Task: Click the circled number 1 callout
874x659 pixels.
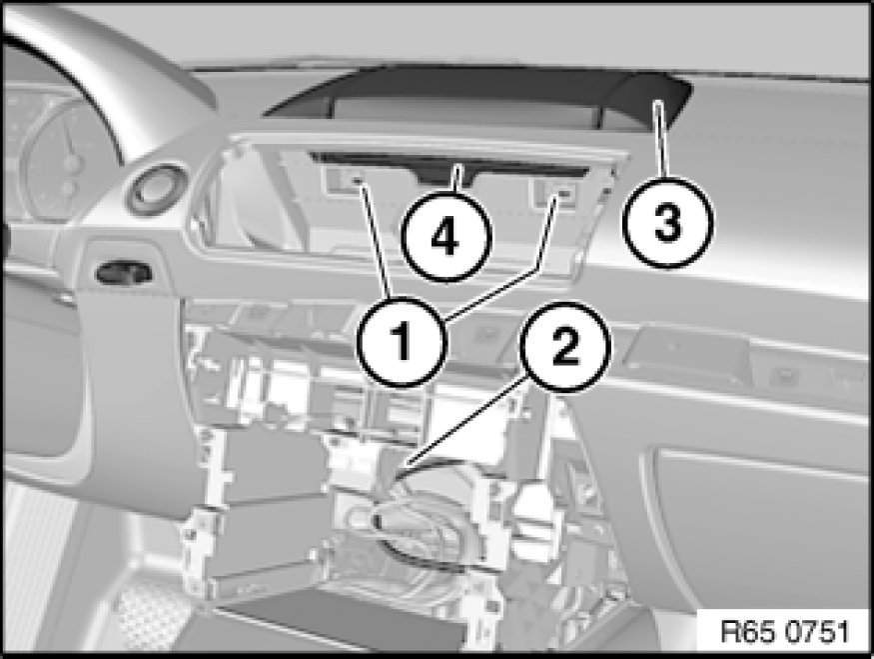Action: (403, 341)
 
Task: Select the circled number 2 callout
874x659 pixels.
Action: (565, 347)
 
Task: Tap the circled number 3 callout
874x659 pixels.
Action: (668, 223)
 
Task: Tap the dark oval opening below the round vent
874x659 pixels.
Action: (124, 272)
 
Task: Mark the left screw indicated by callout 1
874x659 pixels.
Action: (356, 180)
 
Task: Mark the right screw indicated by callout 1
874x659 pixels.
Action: (563, 194)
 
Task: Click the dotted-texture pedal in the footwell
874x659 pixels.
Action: (152, 618)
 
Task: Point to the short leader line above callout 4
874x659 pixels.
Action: (458, 179)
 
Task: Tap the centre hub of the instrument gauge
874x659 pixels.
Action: (70, 163)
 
